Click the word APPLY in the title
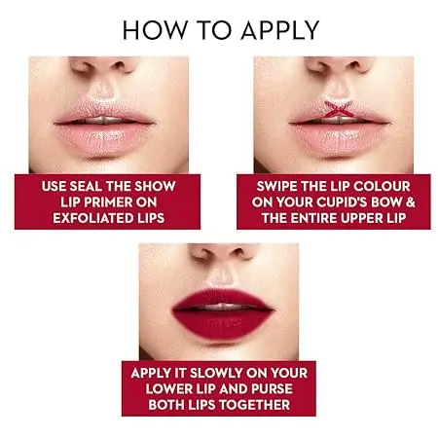(x=280, y=30)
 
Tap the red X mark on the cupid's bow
(x=339, y=109)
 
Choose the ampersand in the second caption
(x=411, y=202)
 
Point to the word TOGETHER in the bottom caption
(x=254, y=405)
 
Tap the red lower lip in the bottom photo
(x=222, y=324)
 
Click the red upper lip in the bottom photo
(x=222, y=298)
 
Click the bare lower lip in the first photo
(x=104, y=139)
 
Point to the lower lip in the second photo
(x=339, y=139)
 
